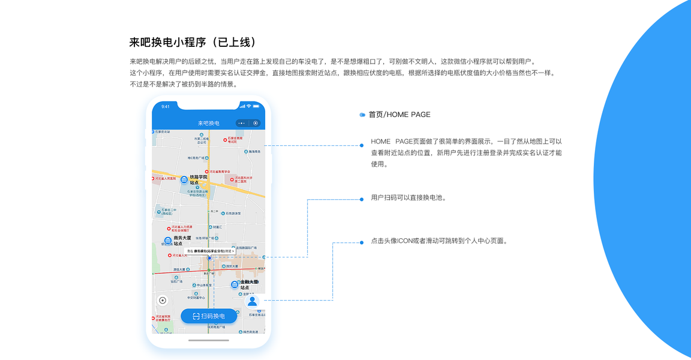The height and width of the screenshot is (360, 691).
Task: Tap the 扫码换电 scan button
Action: tap(209, 316)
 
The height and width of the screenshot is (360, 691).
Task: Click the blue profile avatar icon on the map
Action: tap(253, 301)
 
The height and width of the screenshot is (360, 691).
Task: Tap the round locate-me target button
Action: tap(162, 301)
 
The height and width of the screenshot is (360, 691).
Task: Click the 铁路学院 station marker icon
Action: tap(184, 179)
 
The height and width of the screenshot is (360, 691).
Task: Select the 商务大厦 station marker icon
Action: tap(168, 241)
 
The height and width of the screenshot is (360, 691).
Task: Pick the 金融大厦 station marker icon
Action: tap(235, 284)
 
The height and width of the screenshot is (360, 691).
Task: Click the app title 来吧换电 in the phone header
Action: tap(209, 123)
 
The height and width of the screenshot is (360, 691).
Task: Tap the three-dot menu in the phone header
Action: tap(241, 123)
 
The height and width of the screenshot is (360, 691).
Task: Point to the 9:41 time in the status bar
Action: tap(166, 107)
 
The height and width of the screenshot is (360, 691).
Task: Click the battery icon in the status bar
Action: tap(256, 107)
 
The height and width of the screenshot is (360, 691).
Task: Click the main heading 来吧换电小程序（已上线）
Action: tap(193, 42)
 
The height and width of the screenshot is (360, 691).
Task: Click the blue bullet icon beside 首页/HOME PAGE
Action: tap(362, 115)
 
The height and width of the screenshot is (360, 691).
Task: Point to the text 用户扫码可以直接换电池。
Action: tap(408, 197)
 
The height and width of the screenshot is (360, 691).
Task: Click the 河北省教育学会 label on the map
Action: tap(220, 172)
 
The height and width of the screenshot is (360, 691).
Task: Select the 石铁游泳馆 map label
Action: tap(233, 213)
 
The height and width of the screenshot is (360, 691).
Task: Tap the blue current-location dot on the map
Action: tap(209, 258)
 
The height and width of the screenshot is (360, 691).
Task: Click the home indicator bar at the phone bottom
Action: tap(209, 340)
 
